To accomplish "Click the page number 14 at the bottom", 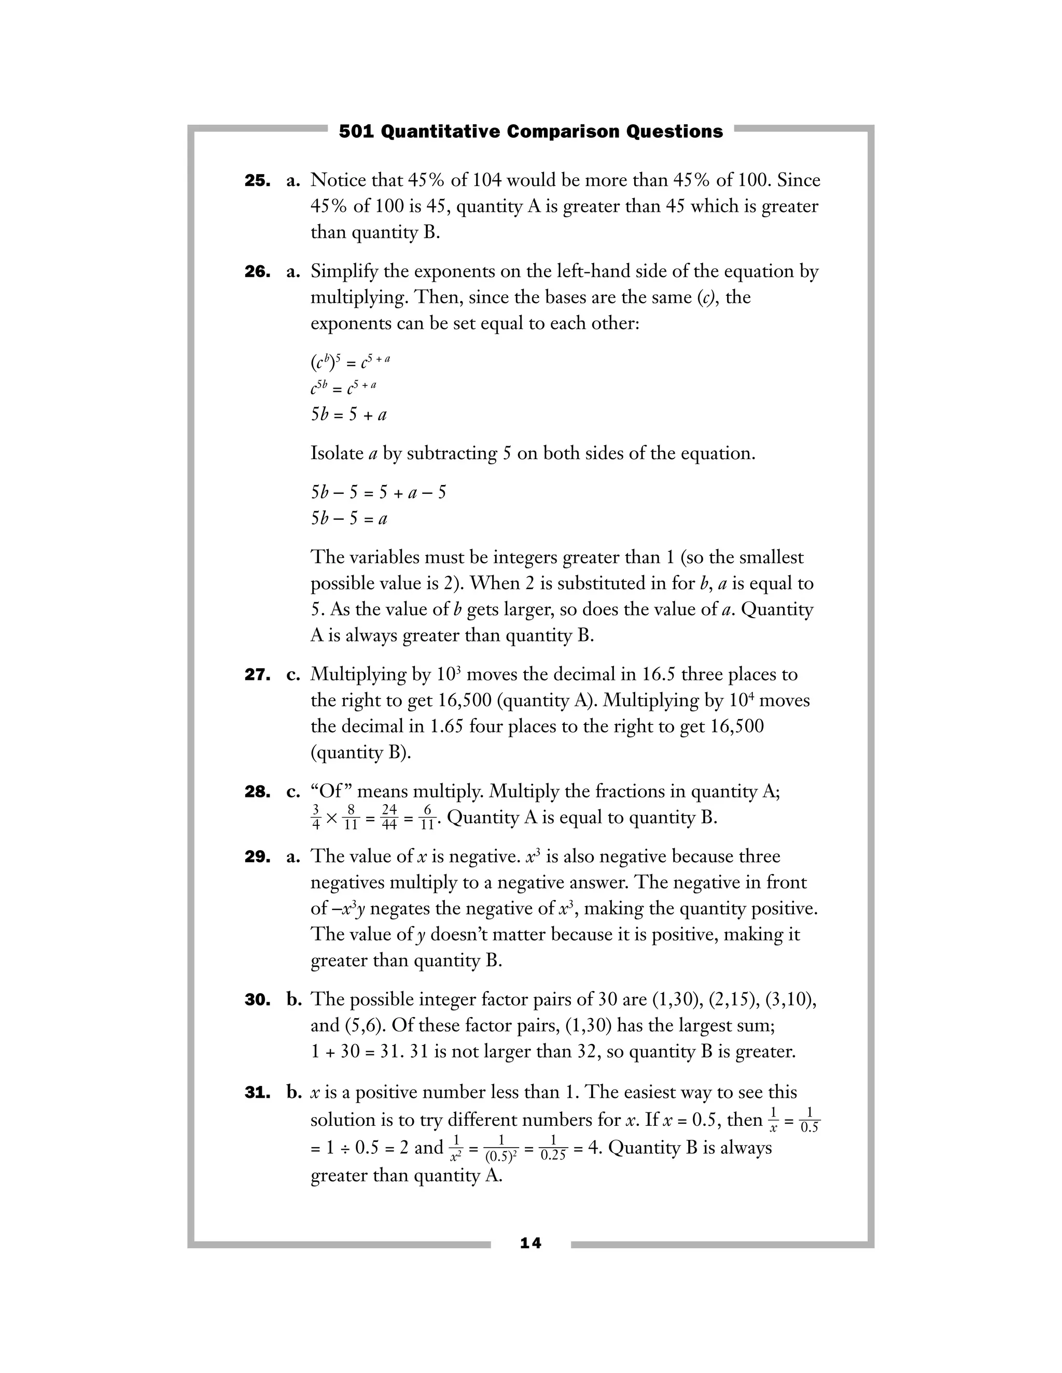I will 530,1243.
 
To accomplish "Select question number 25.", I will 257,181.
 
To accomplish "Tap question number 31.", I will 257,1093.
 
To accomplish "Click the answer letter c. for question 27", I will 293,675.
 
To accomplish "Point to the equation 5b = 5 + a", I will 348,415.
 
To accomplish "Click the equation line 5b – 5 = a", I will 348,519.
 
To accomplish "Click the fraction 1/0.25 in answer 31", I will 553,1149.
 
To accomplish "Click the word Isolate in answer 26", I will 337,453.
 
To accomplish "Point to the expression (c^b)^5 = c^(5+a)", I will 351,362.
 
